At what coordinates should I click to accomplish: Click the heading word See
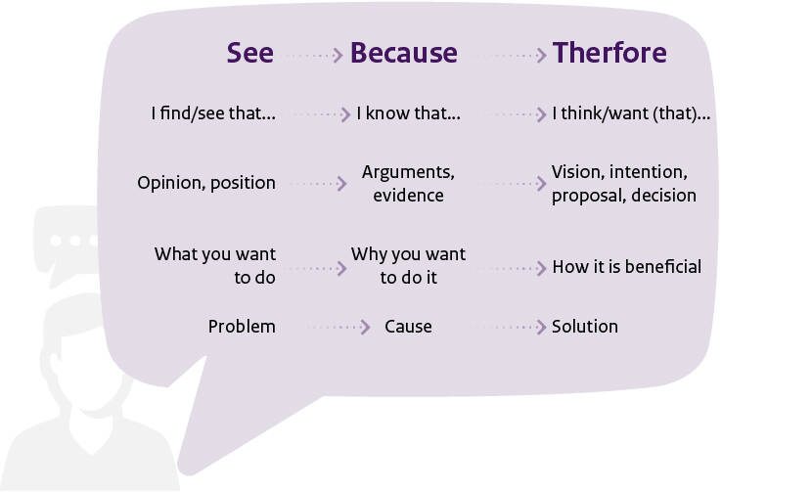pyautogui.click(x=250, y=53)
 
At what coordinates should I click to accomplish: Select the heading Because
pyautogui.click(x=404, y=53)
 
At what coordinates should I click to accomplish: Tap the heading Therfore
pyautogui.click(x=609, y=53)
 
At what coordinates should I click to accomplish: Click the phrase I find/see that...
pyautogui.click(x=213, y=112)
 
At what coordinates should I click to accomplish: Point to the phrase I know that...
pyautogui.click(x=408, y=112)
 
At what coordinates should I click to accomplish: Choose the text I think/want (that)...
pyautogui.click(x=631, y=113)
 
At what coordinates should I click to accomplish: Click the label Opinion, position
pyautogui.click(x=206, y=183)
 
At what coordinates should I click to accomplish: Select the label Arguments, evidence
pyautogui.click(x=408, y=183)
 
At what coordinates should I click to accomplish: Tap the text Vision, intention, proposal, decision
pyautogui.click(x=624, y=183)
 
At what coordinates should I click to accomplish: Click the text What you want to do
pyautogui.click(x=215, y=266)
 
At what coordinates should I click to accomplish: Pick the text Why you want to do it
pyautogui.click(x=408, y=266)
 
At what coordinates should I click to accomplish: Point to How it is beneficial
pyautogui.click(x=626, y=267)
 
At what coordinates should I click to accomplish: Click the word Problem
pyautogui.click(x=242, y=327)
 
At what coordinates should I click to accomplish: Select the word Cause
pyautogui.click(x=408, y=327)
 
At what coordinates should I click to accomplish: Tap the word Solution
pyautogui.click(x=585, y=327)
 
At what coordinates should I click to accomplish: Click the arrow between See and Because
pyautogui.click(x=314, y=55)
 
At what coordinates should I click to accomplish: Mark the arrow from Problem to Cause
pyautogui.click(x=338, y=327)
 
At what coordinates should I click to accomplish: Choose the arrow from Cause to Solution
pyautogui.click(x=509, y=327)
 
